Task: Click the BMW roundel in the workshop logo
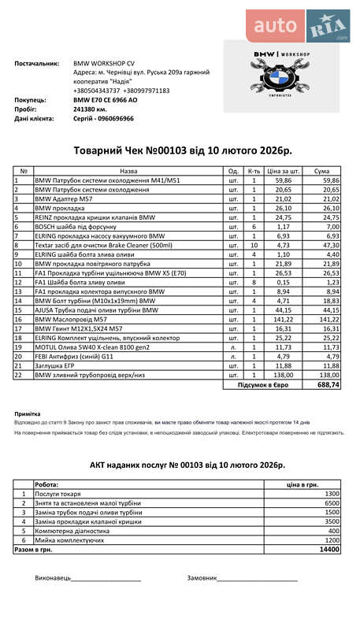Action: coord(281,81)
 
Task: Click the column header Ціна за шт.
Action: coord(284,170)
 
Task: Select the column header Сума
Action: coord(322,170)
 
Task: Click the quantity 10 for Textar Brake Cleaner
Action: coord(254,245)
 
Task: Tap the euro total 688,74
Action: coord(328,385)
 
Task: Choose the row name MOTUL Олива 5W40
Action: coord(80,347)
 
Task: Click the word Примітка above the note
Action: coord(28,413)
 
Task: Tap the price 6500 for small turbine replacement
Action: coord(332,502)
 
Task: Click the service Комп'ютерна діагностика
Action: coord(71,531)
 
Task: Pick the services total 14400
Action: coord(329,550)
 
